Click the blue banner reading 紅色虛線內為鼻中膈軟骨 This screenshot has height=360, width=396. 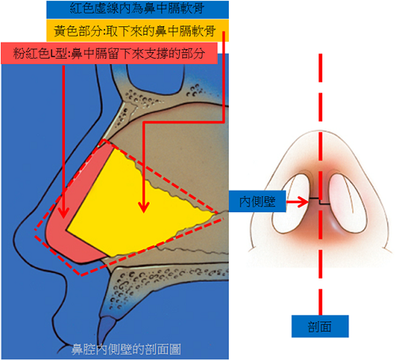coord(138,9)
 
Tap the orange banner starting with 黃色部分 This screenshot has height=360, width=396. coord(138,31)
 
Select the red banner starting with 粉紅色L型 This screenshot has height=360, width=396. coord(109,53)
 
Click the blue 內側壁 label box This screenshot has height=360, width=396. coord(257,201)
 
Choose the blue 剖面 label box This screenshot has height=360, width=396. coord(320,326)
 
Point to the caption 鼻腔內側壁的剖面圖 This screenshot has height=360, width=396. coord(126,350)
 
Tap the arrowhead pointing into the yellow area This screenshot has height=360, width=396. coord(144,207)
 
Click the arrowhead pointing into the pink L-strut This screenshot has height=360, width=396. coord(63,212)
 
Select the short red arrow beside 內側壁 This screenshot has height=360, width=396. coord(298,202)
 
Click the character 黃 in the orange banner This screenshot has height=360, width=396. coord(60,31)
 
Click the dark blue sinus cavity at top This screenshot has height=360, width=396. coord(155,78)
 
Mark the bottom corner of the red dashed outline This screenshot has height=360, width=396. coord(81,275)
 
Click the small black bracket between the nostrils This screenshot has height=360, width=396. coord(320,201)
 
